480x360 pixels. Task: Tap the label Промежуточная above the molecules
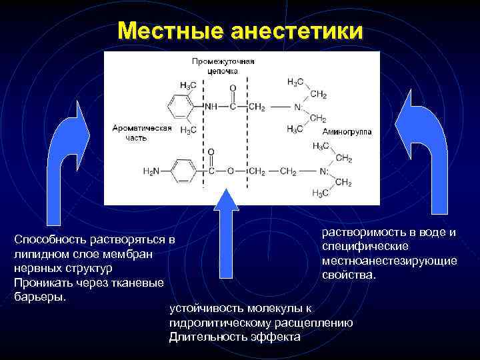coord(223,61)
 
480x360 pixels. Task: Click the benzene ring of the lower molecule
coord(180,171)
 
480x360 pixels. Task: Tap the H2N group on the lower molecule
coord(152,171)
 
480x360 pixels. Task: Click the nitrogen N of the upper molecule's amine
coord(297,107)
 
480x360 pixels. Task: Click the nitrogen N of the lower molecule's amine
coord(323,171)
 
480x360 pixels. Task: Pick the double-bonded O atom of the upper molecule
coord(233,87)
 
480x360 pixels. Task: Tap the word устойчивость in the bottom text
coord(207,309)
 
